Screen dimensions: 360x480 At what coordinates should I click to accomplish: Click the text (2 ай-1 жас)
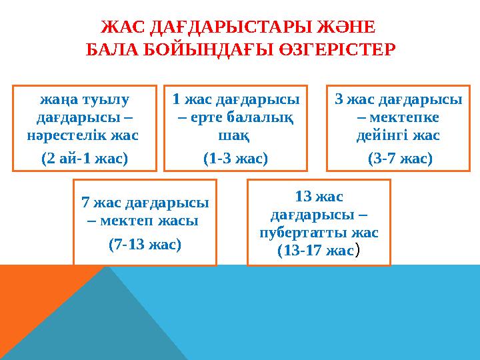[x=85, y=159]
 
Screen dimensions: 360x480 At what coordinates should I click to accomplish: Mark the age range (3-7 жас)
[x=400, y=159]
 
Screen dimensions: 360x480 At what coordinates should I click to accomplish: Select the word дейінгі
[x=381, y=136]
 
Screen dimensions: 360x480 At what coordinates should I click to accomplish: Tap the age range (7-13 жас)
[x=145, y=244]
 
